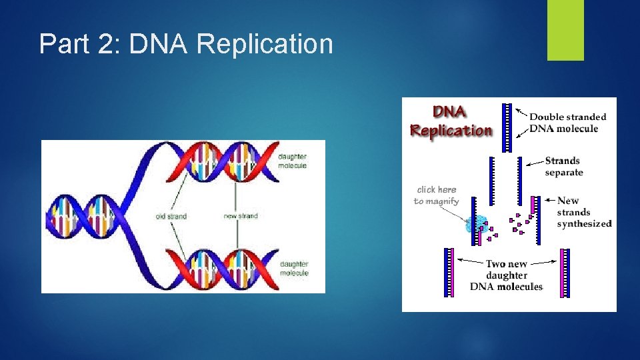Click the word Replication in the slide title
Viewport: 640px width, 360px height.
(265, 45)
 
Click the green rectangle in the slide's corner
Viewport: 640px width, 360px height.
(565, 30)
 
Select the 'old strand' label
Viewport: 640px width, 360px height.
(171, 216)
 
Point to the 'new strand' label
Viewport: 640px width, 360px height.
(241, 216)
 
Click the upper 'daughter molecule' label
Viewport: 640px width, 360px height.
(293, 161)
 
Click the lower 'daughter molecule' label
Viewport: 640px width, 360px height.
(294, 269)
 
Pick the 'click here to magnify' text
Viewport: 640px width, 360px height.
(437, 195)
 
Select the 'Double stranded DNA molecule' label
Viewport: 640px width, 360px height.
(568, 123)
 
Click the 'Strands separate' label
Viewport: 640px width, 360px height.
(563, 166)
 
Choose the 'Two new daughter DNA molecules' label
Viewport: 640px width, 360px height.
(507, 275)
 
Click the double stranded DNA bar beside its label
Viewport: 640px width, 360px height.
(507, 120)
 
